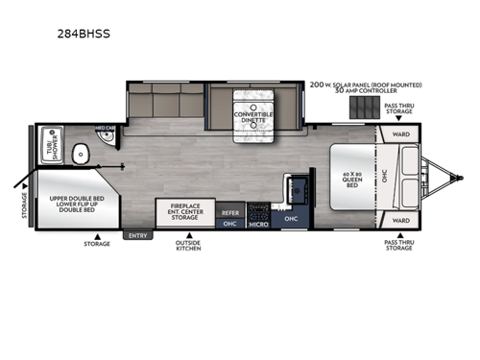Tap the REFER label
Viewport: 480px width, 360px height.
click(x=230, y=212)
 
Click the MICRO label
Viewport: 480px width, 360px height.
click(x=257, y=224)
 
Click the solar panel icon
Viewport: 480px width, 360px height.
click(x=361, y=107)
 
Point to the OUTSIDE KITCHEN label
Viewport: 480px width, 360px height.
click(x=189, y=249)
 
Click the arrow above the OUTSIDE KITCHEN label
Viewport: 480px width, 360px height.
click(x=189, y=234)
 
